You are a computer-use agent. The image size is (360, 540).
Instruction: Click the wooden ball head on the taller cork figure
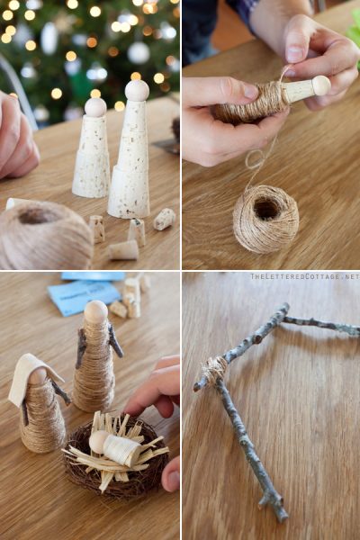137,91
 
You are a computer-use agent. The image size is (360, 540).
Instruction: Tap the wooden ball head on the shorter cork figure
95,107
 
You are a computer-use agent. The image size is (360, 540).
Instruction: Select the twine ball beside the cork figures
45,235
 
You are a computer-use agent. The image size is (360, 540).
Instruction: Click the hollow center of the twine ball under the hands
265,209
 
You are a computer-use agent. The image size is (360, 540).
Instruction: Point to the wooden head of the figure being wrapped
320,85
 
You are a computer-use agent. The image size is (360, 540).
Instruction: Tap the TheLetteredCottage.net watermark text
305,276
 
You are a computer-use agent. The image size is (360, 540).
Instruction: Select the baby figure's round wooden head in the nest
98,442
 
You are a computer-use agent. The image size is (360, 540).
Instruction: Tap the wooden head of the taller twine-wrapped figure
96,311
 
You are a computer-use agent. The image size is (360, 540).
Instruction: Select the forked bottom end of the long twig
274,505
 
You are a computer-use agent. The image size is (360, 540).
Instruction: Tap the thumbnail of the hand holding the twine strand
294,53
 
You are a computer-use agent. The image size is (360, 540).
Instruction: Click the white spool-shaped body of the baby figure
121,449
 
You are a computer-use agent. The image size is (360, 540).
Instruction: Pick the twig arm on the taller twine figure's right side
116,340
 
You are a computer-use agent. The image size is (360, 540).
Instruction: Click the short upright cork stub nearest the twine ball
97,229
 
